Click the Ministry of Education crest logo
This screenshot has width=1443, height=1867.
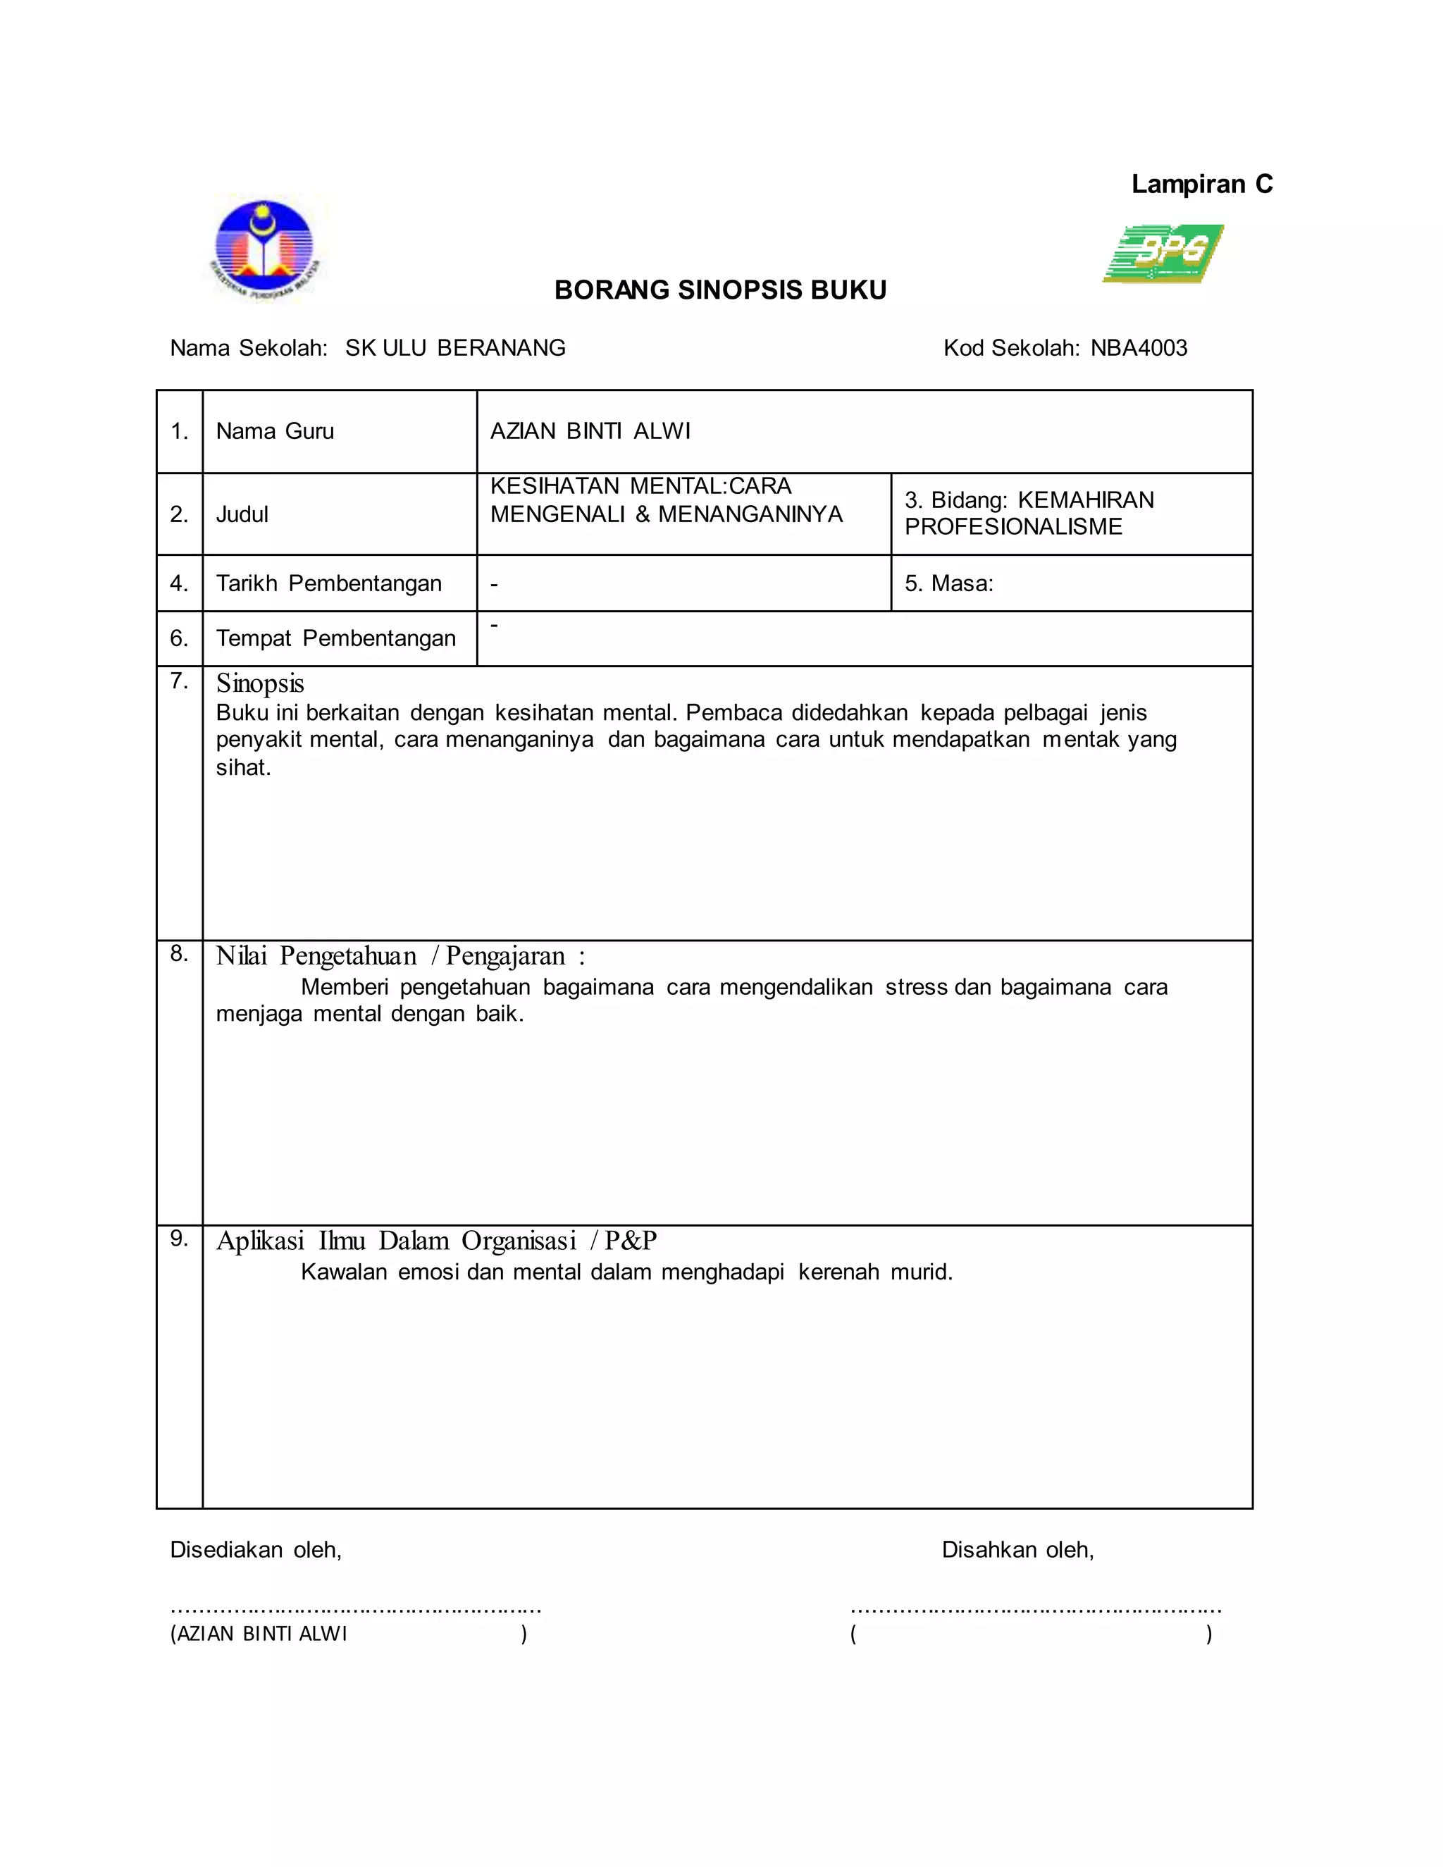[x=266, y=248]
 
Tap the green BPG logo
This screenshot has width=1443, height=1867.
[x=1163, y=253]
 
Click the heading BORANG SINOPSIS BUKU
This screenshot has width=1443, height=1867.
[x=720, y=291]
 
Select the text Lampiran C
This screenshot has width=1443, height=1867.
[x=1201, y=184]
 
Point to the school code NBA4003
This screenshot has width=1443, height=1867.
[x=1139, y=348]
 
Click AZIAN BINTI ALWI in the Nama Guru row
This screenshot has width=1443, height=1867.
[x=590, y=431]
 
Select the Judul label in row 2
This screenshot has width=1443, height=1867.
[x=242, y=514]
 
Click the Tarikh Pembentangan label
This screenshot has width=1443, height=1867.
[x=328, y=583]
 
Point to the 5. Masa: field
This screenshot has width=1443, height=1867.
[x=949, y=583]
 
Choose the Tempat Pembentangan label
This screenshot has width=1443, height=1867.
[x=335, y=638]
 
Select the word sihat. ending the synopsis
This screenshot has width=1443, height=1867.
[x=243, y=768]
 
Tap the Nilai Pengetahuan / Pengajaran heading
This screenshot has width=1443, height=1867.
[x=400, y=956]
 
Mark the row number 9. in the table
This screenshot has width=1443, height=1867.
[x=179, y=1238]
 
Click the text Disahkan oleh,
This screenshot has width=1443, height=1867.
[x=1017, y=1549]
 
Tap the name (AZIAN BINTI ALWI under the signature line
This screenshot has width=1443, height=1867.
[x=259, y=1634]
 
